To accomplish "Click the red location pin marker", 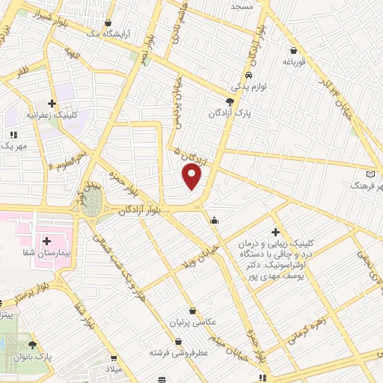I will (193, 177).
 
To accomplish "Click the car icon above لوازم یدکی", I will (248, 76).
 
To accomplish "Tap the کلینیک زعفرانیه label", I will (51, 116).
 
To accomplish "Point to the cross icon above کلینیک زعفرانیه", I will (52, 103).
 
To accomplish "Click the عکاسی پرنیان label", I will (194, 322).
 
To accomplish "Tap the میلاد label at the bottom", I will (114, 371).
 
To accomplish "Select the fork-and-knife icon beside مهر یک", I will (13, 135).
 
